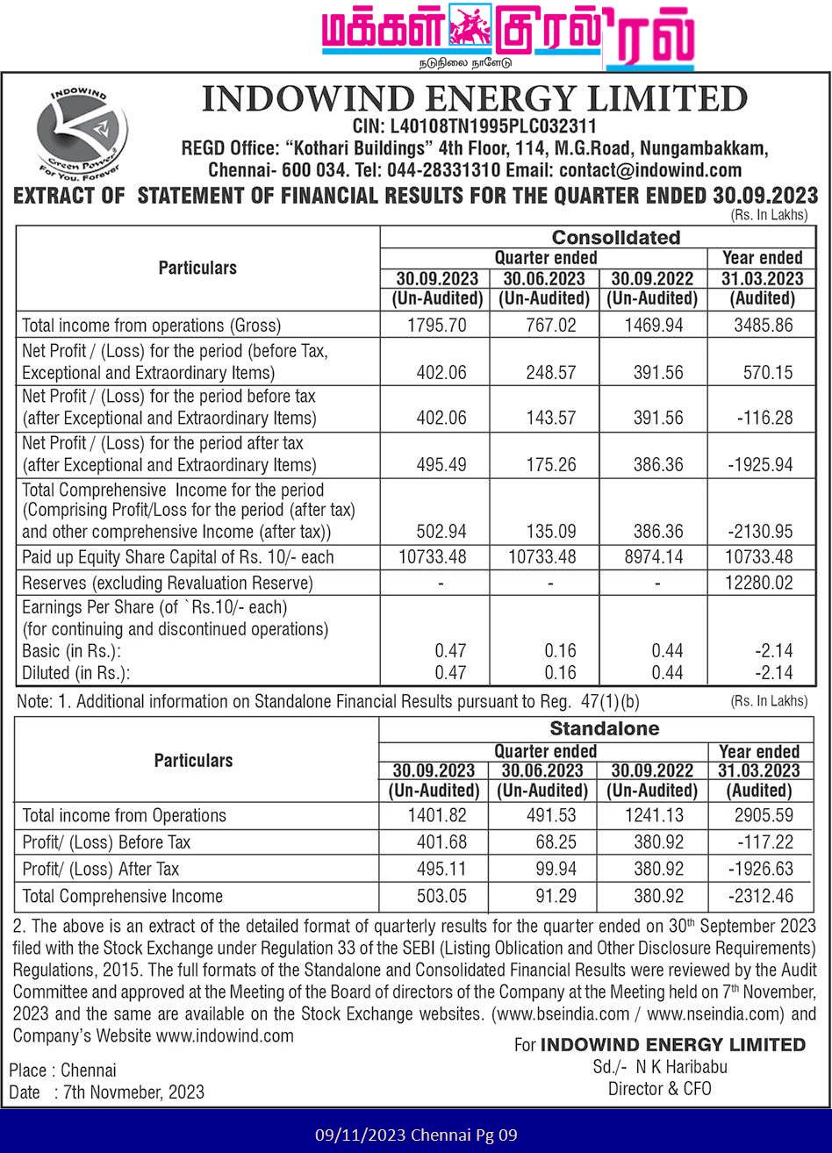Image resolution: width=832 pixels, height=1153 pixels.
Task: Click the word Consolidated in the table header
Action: (x=615, y=238)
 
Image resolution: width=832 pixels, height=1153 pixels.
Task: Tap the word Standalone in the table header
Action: (x=604, y=729)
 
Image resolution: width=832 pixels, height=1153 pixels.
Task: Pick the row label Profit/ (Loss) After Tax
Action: (x=101, y=870)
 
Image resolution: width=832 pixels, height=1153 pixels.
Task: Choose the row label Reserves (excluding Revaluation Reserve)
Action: (x=167, y=584)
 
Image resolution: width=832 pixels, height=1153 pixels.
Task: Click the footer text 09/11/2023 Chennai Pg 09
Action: (x=416, y=1135)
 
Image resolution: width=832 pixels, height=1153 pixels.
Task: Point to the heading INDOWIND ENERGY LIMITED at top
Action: (x=474, y=98)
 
